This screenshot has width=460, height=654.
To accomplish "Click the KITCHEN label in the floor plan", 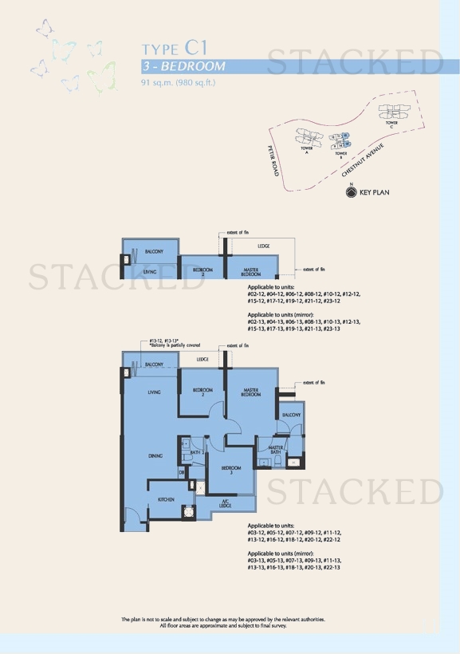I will point(166,499).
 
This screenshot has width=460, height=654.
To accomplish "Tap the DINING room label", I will point(155,456).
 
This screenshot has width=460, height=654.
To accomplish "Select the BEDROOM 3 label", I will point(231,470).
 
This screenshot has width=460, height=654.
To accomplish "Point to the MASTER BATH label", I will point(277,451).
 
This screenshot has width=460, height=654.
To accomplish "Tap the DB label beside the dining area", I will point(182,473).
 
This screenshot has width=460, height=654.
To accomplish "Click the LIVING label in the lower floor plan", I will point(155,392).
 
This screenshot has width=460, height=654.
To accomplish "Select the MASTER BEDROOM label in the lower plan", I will point(251,392).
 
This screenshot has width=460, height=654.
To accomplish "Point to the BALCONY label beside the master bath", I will point(290,416).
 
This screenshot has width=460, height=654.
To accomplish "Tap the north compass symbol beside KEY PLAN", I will point(352,191).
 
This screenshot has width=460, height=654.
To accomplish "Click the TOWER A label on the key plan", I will point(306,150).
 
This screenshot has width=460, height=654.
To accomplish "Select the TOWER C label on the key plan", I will point(391,124).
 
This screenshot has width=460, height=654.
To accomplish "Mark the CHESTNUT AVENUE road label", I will point(363,160).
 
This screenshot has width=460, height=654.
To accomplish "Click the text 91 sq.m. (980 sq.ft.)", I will point(179,82).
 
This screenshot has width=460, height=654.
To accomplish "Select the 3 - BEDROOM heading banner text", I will point(184,66).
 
